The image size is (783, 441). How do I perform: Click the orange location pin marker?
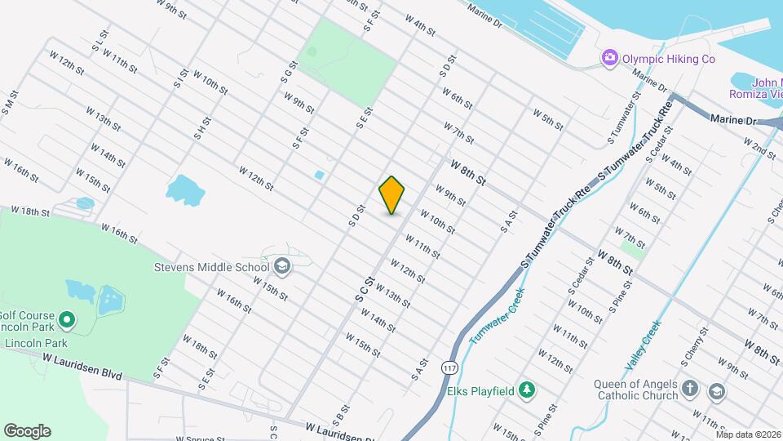pyautogui.click(x=391, y=195)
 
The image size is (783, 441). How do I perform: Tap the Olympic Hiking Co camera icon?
pyautogui.click(x=608, y=58)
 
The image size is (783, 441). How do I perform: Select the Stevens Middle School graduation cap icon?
pyautogui.click(x=281, y=265)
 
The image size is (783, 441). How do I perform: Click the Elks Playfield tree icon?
pyautogui.click(x=527, y=390)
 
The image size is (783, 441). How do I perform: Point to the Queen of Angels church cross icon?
pyautogui.click(x=690, y=389)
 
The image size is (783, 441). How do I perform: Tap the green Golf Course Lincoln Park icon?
pyautogui.click(x=67, y=319)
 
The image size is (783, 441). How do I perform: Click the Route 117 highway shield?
pyautogui.click(x=449, y=367)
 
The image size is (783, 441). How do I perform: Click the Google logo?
pyautogui.click(x=27, y=430)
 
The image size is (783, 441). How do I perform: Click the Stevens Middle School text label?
pyautogui.click(x=211, y=266)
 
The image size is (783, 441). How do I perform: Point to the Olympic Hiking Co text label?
pyautogui.click(x=669, y=59)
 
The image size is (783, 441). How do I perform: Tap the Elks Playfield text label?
pyautogui.click(x=480, y=391)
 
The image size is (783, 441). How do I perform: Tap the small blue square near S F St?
pyautogui.click(x=319, y=175)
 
